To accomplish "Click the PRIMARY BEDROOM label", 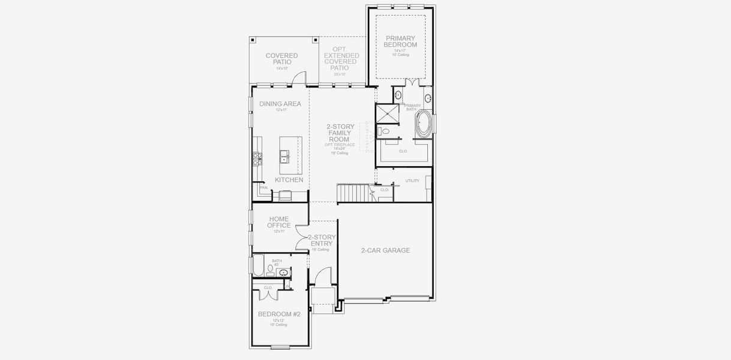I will [400, 41].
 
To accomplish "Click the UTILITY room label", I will [412, 180].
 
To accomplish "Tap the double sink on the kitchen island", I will [284, 158].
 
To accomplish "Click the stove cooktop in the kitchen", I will [257, 158].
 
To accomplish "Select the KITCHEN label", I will [289, 180].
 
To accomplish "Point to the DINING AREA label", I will [280, 104].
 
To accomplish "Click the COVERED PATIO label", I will [281, 59].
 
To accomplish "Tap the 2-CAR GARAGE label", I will [385, 250].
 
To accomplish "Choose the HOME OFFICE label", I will [280, 222].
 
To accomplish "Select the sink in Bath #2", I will [284, 272].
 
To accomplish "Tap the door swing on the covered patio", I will [299, 78].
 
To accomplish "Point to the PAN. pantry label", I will [263, 187].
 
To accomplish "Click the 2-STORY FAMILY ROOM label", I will [339, 133].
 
